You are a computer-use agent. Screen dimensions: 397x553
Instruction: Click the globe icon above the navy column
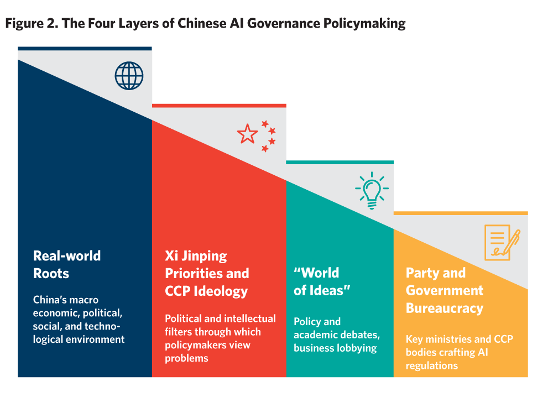(x=129, y=76)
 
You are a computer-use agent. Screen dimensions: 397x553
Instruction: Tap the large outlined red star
(x=247, y=134)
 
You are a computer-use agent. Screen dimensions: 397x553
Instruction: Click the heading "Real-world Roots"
(x=67, y=264)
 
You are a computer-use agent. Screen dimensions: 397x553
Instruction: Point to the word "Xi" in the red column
(x=171, y=256)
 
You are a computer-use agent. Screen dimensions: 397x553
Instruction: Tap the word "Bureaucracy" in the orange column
(x=445, y=308)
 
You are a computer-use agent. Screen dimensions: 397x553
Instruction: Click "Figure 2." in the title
(x=30, y=24)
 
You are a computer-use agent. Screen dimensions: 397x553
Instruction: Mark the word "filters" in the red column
(x=177, y=332)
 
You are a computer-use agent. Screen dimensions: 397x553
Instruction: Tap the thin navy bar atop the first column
(x=85, y=49)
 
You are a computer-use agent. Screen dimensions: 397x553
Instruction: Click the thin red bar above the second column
(x=219, y=105)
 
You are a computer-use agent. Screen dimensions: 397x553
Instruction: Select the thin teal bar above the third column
(x=340, y=162)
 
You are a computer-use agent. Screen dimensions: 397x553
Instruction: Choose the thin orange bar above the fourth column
(x=461, y=213)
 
